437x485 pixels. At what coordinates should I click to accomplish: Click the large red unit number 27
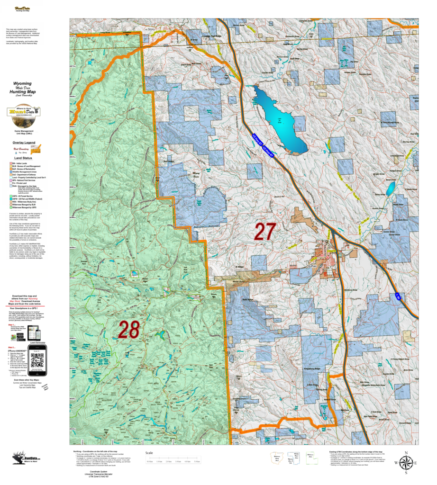point(265,232)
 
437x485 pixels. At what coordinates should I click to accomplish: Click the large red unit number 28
point(128,330)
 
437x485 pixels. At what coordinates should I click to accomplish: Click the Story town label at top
point(152,29)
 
